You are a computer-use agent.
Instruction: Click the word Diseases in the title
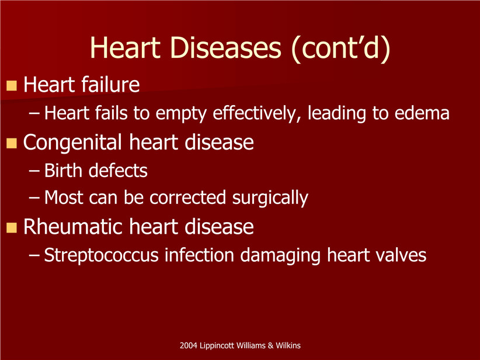(x=225, y=47)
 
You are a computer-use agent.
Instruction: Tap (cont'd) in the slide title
(x=340, y=49)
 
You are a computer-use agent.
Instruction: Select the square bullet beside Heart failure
(x=11, y=85)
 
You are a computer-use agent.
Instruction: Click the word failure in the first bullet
(x=110, y=84)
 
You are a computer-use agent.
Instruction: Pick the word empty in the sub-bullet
(x=181, y=115)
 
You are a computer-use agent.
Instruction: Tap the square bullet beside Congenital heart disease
(x=11, y=143)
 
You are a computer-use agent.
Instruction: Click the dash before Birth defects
(x=34, y=171)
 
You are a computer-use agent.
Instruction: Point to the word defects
(x=118, y=170)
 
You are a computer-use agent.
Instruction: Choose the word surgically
(x=270, y=198)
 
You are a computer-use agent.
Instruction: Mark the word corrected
(x=187, y=198)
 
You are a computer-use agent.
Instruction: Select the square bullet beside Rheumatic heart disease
(x=11, y=228)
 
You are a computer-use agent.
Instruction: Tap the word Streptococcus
(x=102, y=255)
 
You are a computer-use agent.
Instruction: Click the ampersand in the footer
(x=270, y=345)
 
